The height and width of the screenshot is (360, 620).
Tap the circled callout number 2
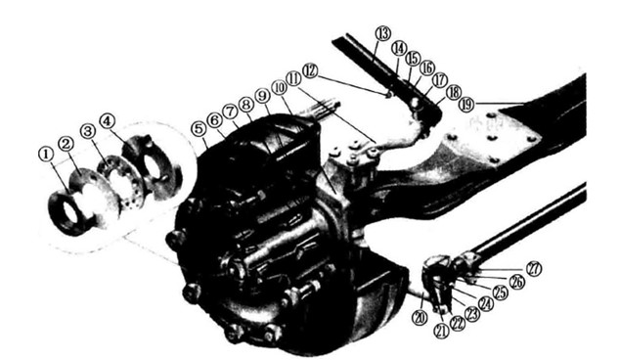pyautogui.click(x=66, y=145)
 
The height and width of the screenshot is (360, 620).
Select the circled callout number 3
pyautogui.click(x=88, y=131)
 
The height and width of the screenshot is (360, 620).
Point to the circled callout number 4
pyautogui.click(x=109, y=121)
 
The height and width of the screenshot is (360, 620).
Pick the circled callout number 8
pyautogui.click(x=245, y=104)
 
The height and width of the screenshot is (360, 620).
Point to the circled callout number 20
pyautogui.click(x=419, y=318)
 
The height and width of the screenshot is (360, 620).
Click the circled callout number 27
pyautogui.click(x=534, y=267)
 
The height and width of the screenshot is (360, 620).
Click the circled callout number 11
pyautogui.click(x=293, y=78)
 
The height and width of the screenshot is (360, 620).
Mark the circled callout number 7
pyautogui.click(x=230, y=111)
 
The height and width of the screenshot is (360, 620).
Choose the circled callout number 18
pyautogui.click(x=453, y=91)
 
